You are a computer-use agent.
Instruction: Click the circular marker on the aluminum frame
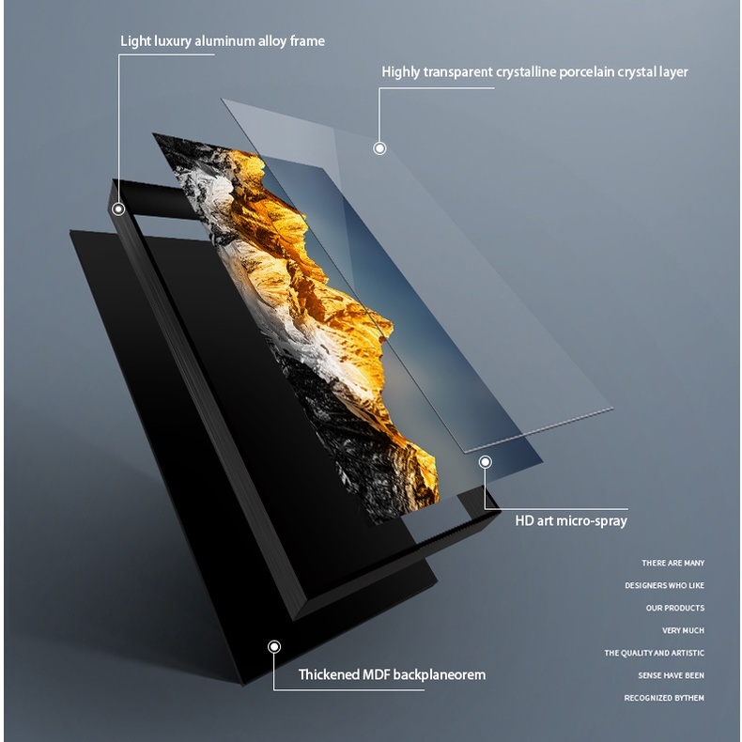pyautogui.click(x=118, y=209)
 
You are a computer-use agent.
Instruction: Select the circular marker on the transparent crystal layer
pyautogui.click(x=379, y=147)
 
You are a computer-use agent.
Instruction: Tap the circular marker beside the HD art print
pyautogui.click(x=486, y=462)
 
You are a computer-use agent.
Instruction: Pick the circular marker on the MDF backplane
pyautogui.click(x=274, y=646)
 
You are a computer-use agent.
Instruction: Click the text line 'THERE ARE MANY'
pyautogui.click(x=672, y=564)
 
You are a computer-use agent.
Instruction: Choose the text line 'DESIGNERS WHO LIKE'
pyautogui.click(x=664, y=586)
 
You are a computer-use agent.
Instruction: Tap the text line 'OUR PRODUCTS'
pyautogui.click(x=674, y=609)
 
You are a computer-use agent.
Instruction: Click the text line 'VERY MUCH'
pyautogui.click(x=683, y=631)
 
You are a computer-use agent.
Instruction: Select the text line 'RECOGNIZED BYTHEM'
pyautogui.click(x=664, y=698)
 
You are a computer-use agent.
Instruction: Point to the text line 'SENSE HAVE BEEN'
pyautogui.click(x=671, y=675)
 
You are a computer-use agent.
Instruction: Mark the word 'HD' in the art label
pyautogui.click(x=524, y=520)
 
